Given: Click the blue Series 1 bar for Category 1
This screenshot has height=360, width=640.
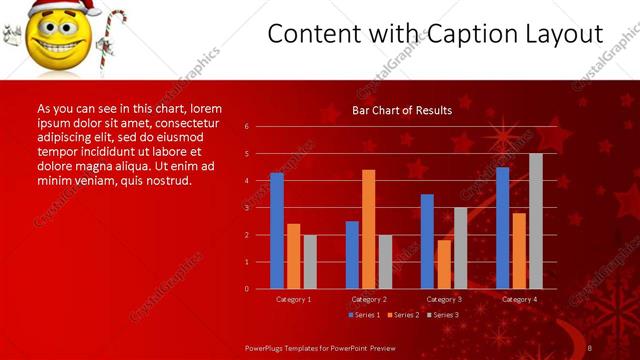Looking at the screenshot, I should pos(277,231).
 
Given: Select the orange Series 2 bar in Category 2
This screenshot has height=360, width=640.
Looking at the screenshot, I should pos(368,229).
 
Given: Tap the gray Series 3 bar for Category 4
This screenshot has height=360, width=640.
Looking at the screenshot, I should pos(536,221).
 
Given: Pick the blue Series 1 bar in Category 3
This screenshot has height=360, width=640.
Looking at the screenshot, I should pos(427,241).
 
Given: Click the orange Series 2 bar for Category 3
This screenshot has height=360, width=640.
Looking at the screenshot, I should pos(444,264).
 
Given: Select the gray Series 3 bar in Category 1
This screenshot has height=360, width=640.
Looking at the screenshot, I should pos(310,261).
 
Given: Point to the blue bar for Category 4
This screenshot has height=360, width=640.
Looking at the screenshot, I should pos(502,228).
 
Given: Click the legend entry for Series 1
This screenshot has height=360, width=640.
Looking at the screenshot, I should pos(363,315).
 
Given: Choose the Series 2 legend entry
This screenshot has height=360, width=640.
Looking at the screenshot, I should pos(401,315).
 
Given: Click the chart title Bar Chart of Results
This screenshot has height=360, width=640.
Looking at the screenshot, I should pos(402,110).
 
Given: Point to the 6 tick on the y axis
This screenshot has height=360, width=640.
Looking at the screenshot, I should pos(246,127).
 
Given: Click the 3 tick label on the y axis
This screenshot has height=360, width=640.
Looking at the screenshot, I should pos(246,208).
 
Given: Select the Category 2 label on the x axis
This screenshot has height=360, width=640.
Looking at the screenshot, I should pos(369,299).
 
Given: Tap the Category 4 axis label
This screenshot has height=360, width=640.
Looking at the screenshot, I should pos(519,299).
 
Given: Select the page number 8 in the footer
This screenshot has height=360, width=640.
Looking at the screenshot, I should pos(589,346).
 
